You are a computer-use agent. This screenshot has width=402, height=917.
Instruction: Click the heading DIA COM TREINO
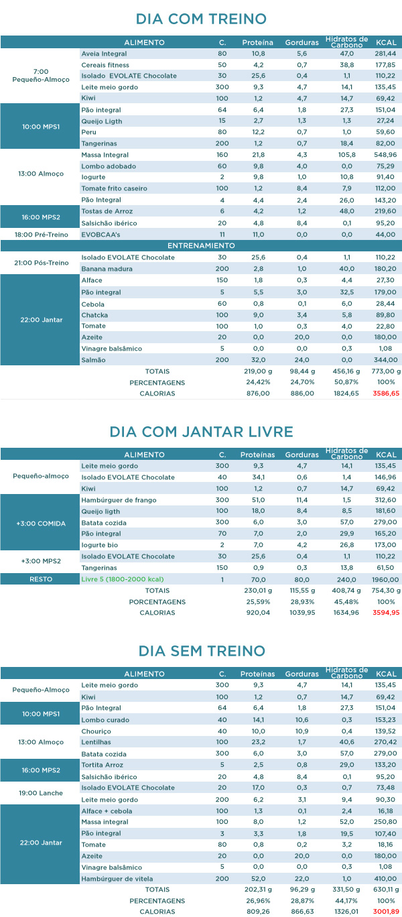(x=201, y=19)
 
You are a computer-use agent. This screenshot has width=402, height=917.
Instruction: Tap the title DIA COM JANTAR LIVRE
(x=201, y=431)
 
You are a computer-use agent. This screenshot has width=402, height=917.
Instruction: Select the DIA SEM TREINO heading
(x=201, y=650)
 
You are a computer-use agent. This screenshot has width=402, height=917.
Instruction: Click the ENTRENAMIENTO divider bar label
(x=201, y=245)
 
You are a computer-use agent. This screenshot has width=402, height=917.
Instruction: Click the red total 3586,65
(x=386, y=393)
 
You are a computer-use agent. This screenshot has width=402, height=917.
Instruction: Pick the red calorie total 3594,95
(x=386, y=612)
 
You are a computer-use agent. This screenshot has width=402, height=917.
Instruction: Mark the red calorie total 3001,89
(x=386, y=912)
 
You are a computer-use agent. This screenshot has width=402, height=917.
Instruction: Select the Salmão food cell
(x=92, y=360)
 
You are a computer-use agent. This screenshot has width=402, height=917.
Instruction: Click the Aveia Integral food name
(x=104, y=53)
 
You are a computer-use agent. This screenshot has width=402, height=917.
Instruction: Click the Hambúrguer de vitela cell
(x=117, y=879)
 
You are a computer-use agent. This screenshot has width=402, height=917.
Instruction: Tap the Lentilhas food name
(x=96, y=742)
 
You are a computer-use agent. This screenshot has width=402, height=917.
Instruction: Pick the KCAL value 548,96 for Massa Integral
(x=386, y=155)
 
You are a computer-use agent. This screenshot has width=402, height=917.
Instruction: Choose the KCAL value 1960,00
(x=386, y=578)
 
